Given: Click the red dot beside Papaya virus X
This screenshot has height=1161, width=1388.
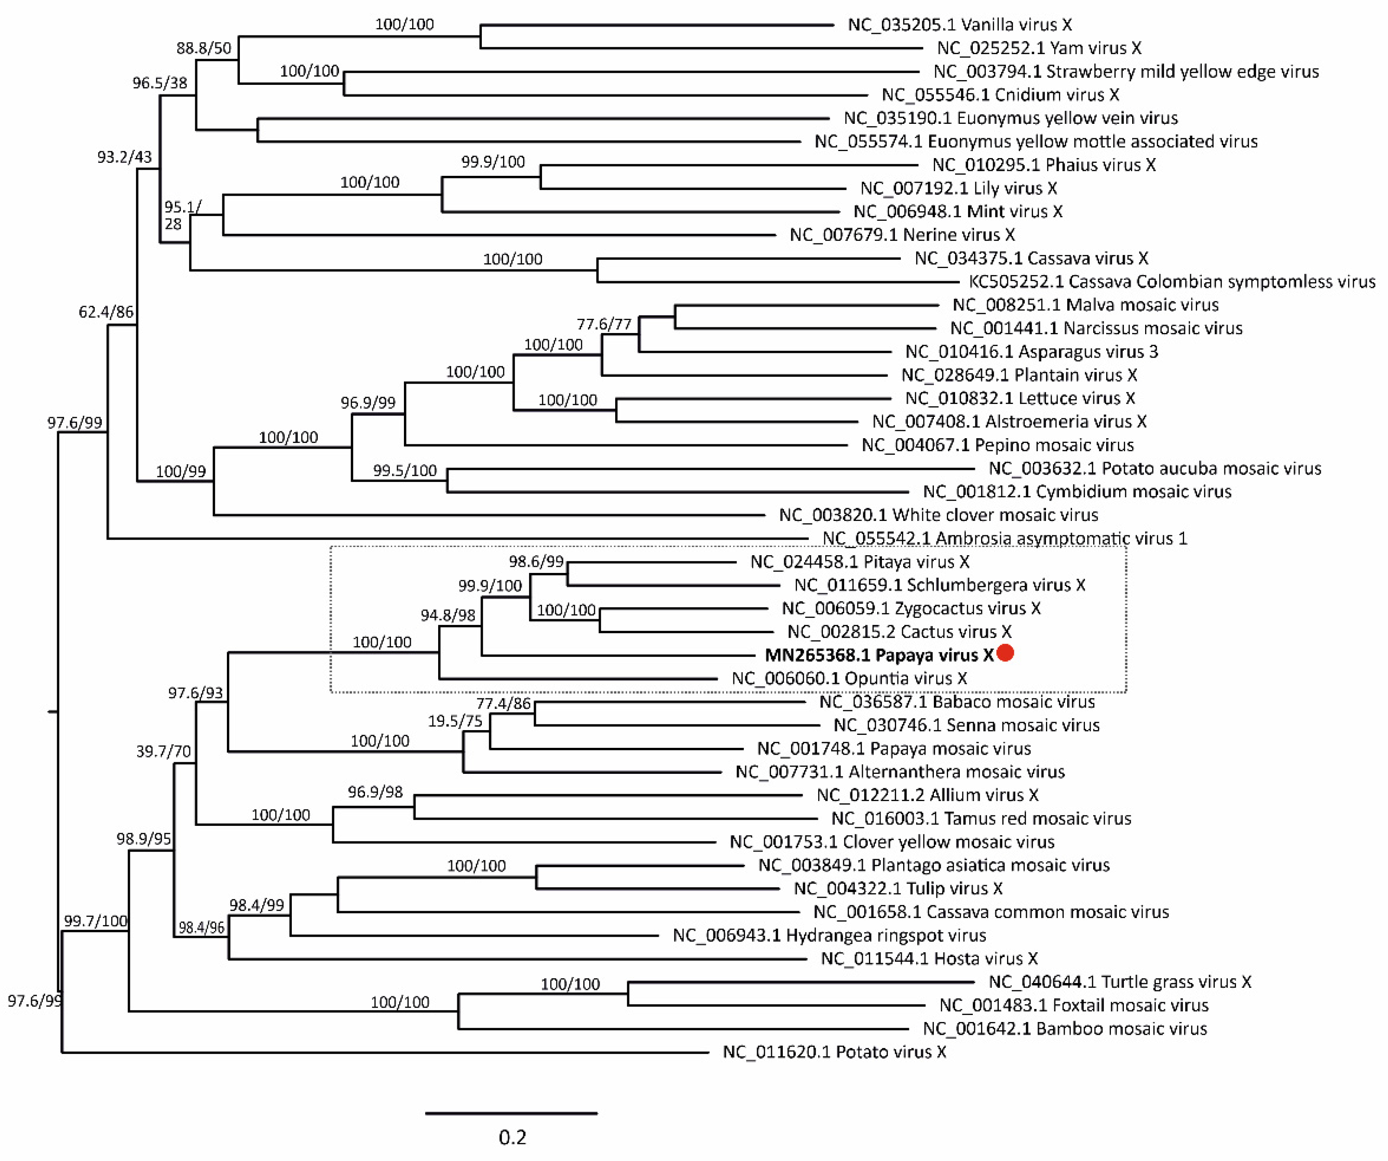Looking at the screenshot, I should (1005, 653).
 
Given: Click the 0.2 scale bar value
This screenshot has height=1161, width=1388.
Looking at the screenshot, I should (512, 1137).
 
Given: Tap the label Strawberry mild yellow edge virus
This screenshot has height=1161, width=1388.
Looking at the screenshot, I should (1126, 71).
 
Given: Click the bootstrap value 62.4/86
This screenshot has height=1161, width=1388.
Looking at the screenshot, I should (106, 311).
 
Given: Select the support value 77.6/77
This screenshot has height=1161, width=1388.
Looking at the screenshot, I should (604, 324).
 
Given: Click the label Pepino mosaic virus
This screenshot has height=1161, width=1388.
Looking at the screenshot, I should (997, 445).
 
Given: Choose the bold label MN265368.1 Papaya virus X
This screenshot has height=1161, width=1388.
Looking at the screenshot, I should (879, 655).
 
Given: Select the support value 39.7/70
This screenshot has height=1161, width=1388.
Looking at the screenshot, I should (163, 751).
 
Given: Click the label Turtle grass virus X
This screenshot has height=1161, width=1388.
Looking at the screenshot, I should (1120, 982).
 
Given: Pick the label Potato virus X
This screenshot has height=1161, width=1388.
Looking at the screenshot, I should (834, 1052).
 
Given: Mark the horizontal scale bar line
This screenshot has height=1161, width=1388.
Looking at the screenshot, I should (511, 1113).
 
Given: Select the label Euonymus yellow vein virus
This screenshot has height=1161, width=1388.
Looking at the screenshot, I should (1010, 118).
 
